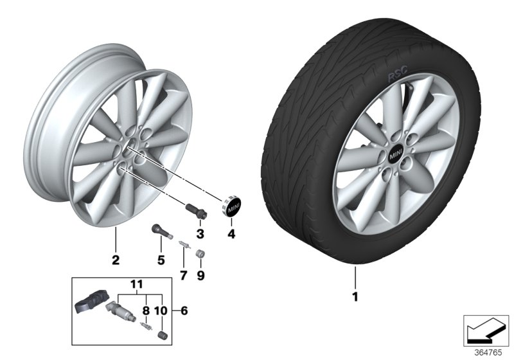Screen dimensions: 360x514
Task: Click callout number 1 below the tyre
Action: tap(354, 297)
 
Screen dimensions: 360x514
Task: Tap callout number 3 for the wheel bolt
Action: tap(200, 233)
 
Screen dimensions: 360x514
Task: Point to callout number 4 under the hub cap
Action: tap(231, 234)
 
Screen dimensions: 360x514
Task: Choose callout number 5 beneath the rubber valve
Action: tap(161, 260)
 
